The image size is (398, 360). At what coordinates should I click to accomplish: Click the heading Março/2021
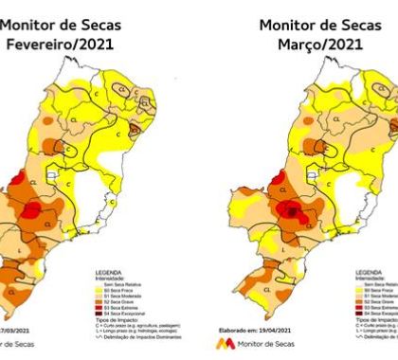[x=312, y=44]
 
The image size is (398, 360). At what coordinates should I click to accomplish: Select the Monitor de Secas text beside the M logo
[x=269, y=344]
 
